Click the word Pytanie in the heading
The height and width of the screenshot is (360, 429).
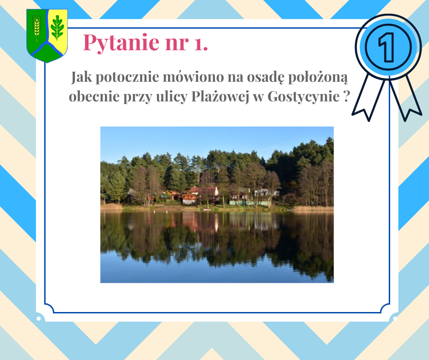coord(121,42)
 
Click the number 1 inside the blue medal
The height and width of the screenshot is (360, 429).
coord(387,47)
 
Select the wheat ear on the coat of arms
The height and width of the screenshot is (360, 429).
coord(37,27)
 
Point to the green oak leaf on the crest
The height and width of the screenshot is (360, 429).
coord(57,27)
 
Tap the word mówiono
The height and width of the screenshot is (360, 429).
coord(193,77)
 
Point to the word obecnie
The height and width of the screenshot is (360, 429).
coord(94,97)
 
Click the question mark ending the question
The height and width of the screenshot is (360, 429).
coord(346,97)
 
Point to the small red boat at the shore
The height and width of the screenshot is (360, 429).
coord(207,210)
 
